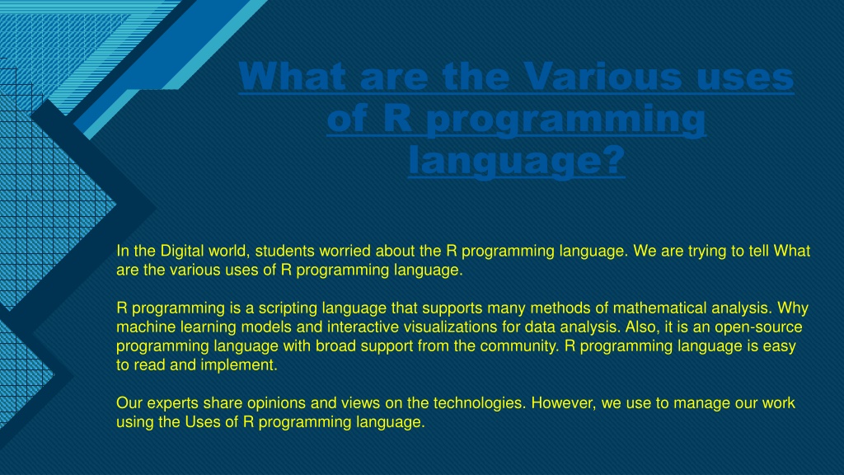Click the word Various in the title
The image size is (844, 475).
pos(603,77)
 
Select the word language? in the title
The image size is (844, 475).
pos(517,161)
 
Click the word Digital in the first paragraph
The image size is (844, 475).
pos(182,252)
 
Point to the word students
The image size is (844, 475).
pos(284,251)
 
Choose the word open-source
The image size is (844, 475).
pos(758,327)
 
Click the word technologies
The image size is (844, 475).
pos(480,403)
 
